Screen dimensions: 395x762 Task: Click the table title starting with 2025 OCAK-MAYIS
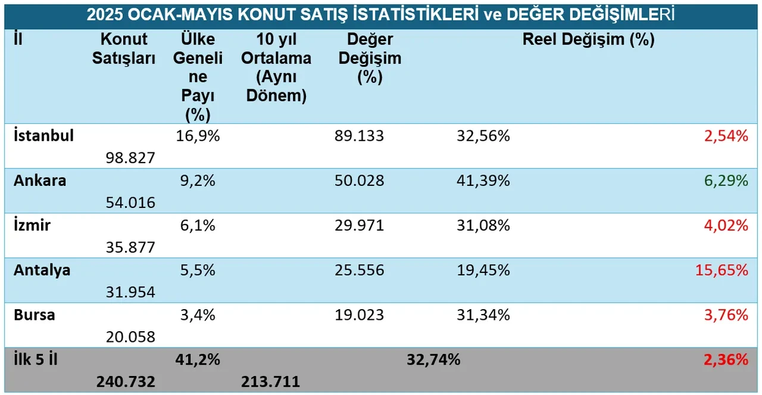click(380, 14)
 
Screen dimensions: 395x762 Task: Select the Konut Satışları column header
click(124, 49)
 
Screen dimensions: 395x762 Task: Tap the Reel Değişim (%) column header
click(588, 40)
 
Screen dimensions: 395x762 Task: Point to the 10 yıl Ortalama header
click(276, 67)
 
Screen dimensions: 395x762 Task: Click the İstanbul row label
click(43, 136)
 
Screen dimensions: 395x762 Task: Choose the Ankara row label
click(39, 181)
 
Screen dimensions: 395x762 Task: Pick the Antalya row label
click(42, 270)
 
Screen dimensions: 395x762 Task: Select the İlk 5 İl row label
click(36, 359)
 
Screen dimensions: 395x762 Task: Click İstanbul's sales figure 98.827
click(131, 158)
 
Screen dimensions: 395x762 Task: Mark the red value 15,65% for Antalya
click(721, 270)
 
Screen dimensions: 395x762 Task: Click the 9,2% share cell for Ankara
click(198, 181)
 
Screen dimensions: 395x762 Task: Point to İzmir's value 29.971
click(358, 225)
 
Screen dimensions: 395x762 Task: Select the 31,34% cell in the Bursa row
click(483, 315)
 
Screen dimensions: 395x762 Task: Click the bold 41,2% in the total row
click(198, 359)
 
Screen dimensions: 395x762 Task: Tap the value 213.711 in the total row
click(270, 381)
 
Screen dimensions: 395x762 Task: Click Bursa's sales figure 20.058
click(131, 337)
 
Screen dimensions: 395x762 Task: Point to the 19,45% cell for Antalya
click(483, 270)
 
